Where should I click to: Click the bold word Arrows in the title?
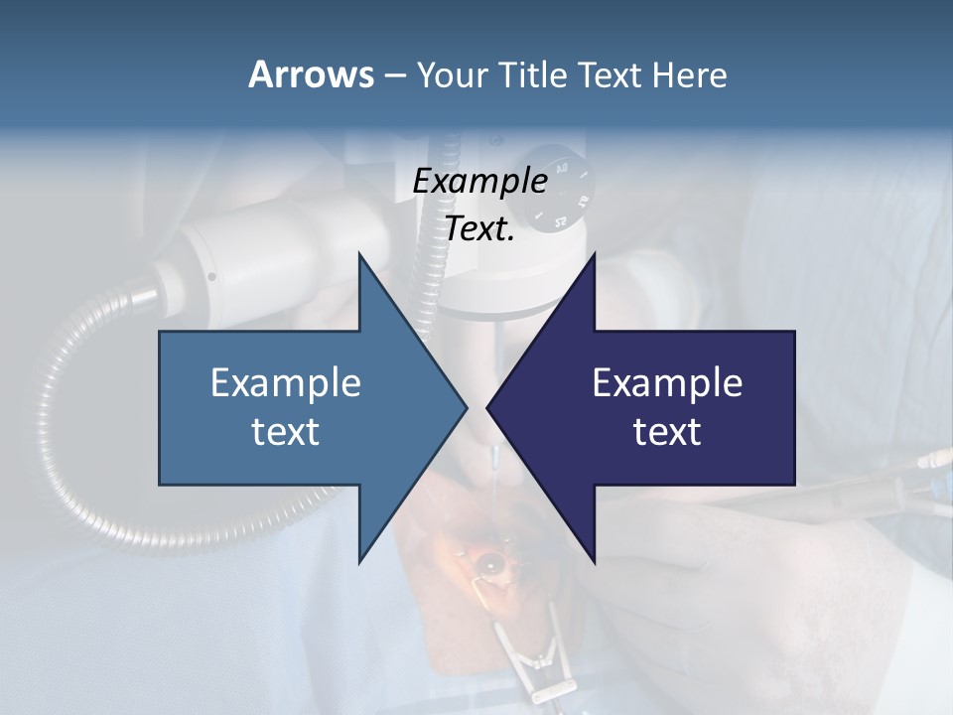310,74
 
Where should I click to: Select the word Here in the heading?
689,74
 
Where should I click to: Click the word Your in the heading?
451,75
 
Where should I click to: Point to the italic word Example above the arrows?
480,182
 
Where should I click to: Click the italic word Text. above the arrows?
480,229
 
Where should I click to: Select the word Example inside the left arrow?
286,383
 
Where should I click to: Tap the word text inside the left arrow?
286,432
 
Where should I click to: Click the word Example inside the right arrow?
667,383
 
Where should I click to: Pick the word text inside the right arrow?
667,432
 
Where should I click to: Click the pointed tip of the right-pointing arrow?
467,407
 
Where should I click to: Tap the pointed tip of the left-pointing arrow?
487,407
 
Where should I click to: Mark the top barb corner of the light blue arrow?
359,252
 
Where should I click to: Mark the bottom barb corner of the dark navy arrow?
594,562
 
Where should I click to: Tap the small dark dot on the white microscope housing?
211,277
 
